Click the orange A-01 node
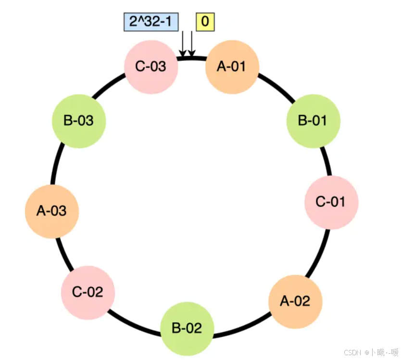232,66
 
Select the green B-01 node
314,120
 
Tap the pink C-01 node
331,202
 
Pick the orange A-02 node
295,301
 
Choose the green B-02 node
187,329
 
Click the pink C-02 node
88,292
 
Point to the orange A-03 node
52,211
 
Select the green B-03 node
79,120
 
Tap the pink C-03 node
151,66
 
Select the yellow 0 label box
205,22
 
